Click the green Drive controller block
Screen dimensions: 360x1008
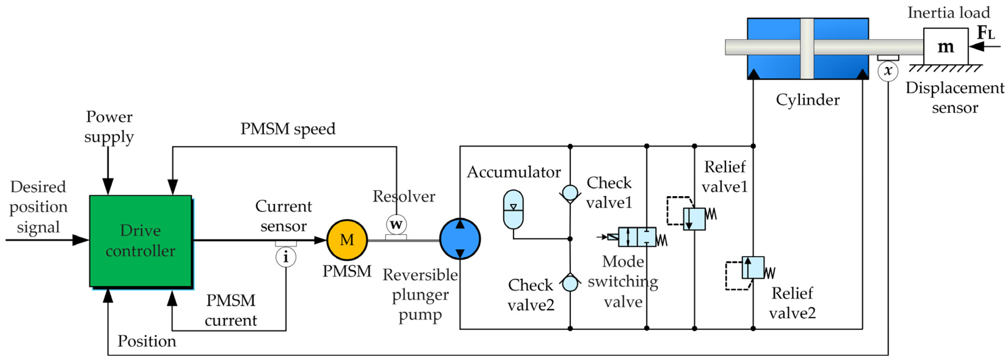click(x=140, y=241)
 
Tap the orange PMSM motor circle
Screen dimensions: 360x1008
click(x=347, y=240)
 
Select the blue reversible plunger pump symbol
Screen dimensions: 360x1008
click(x=460, y=239)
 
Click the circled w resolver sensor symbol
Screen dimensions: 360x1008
click(x=396, y=225)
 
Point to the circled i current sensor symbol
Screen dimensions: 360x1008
click(x=286, y=257)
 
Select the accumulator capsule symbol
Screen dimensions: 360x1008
click(x=513, y=209)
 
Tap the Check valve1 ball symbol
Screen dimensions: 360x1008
click(x=570, y=193)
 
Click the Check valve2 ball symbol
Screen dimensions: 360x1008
click(x=570, y=284)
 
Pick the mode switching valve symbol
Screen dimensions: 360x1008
click(x=637, y=237)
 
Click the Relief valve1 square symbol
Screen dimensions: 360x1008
click(x=694, y=219)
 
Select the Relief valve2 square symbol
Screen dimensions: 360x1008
click(x=753, y=268)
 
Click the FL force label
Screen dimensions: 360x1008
click(x=985, y=32)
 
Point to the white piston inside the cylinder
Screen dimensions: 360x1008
click(x=807, y=49)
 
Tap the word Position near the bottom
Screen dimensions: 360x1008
click(x=147, y=341)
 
